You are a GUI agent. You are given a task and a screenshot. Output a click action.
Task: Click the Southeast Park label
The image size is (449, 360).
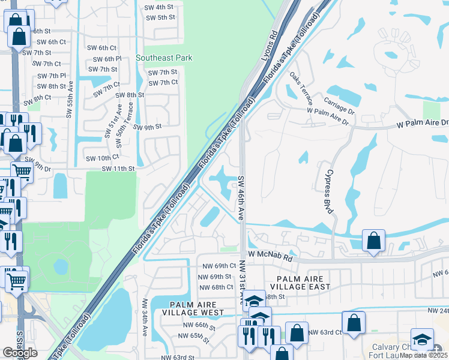click(164, 58)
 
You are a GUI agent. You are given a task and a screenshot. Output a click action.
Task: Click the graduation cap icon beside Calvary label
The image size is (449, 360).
click(422, 340)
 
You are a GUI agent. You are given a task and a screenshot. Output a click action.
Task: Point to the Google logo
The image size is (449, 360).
click(20, 352)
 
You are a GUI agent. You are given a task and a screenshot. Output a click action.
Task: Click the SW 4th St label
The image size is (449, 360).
click(159, 8)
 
